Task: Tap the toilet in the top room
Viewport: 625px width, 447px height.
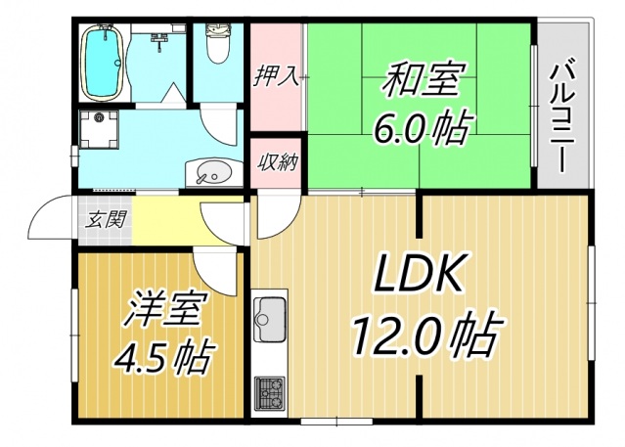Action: click(x=217, y=43)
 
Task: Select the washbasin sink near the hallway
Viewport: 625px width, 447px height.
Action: click(x=212, y=172)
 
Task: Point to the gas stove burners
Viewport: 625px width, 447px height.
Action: click(x=269, y=393)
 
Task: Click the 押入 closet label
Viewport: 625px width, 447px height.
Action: click(x=275, y=75)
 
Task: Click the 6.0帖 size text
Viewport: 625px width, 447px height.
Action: click(x=423, y=127)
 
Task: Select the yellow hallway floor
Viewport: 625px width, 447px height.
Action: click(x=166, y=221)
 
